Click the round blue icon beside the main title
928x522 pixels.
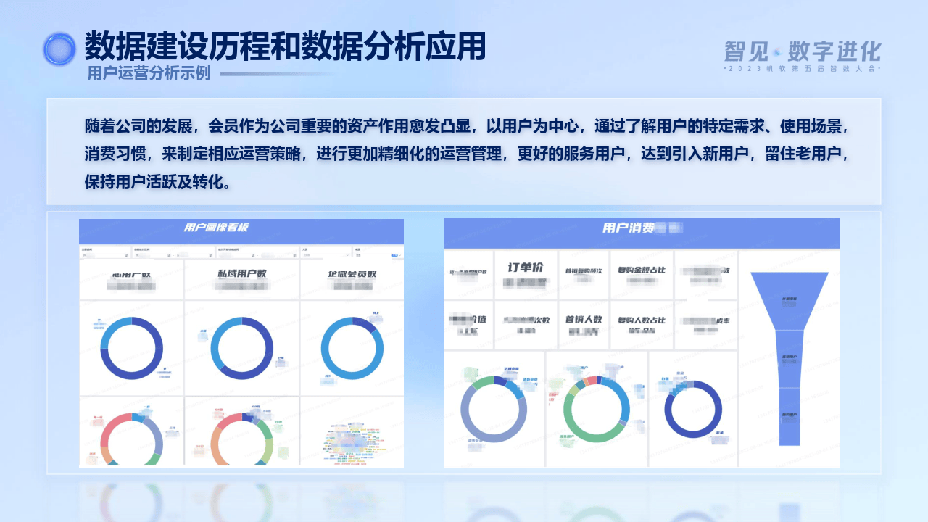click(x=59, y=49)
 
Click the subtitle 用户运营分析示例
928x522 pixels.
click(x=149, y=73)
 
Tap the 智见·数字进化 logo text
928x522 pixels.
click(x=802, y=51)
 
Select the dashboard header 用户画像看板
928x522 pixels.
click(x=216, y=228)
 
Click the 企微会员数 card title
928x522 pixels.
click(x=352, y=275)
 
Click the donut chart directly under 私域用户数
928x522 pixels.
click(x=242, y=348)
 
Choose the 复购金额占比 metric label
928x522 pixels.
click(x=642, y=270)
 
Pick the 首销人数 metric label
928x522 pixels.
click(x=584, y=319)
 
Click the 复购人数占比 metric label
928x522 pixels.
click(x=642, y=320)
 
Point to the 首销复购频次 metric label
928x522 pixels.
click(x=584, y=271)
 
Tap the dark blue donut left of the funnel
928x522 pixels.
click(x=693, y=410)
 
